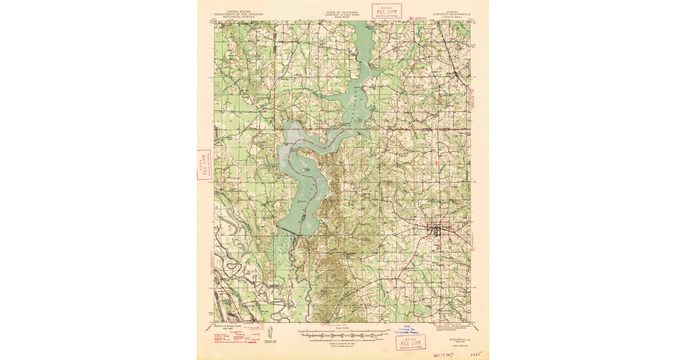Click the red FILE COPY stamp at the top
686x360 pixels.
386,11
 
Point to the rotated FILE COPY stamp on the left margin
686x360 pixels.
204,165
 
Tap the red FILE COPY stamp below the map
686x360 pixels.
410,342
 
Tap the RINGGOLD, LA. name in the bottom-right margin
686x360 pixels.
460,338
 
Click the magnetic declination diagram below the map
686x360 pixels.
270,332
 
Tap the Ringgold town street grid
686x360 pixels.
437,231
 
